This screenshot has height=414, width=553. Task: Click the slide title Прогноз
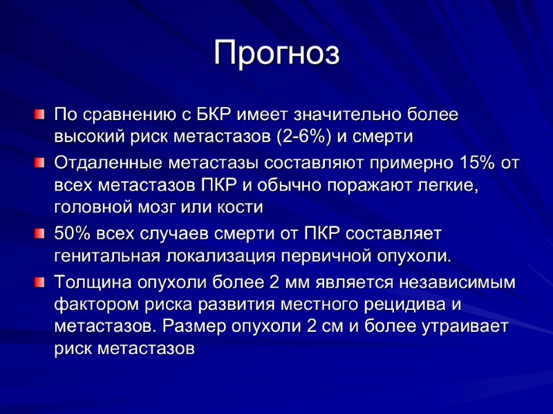coord(276,53)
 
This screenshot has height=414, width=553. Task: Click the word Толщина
coord(91,283)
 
